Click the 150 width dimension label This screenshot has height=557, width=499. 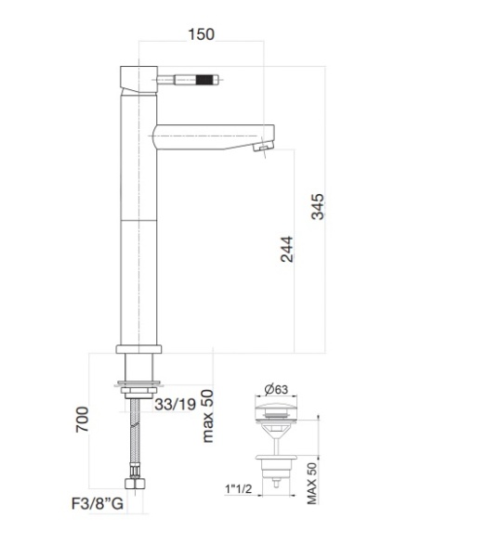tap(200, 34)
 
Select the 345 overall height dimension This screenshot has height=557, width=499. tap(319, 206)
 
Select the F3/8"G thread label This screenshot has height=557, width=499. tap(97, 506)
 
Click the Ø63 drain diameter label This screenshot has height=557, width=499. tap(277, 388)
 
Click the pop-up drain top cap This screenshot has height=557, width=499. tap(277, 408)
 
